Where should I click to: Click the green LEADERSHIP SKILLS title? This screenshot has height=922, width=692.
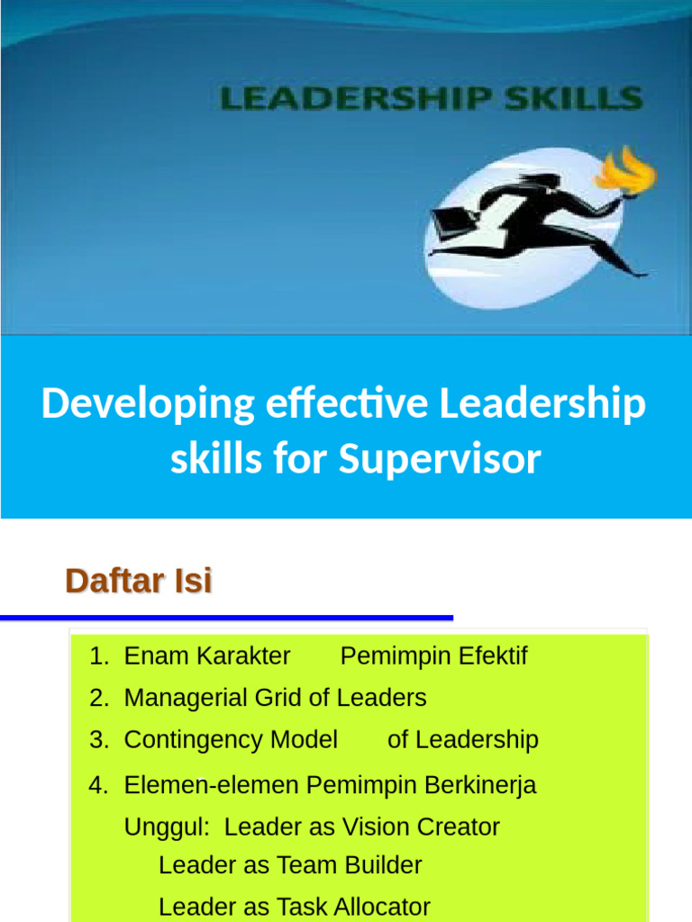coord(432,98)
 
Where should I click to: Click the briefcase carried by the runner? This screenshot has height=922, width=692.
coord(450,219)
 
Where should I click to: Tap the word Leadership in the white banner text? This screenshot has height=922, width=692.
coord(542,404)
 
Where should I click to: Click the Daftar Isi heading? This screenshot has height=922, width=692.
coord(139,582)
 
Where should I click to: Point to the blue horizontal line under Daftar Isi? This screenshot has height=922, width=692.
coord(225,618)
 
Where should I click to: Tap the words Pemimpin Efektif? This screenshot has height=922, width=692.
coord(433,656)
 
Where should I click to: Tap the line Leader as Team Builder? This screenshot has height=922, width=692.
coord(290,865)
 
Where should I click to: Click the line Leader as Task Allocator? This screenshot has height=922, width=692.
coord(294,907)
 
